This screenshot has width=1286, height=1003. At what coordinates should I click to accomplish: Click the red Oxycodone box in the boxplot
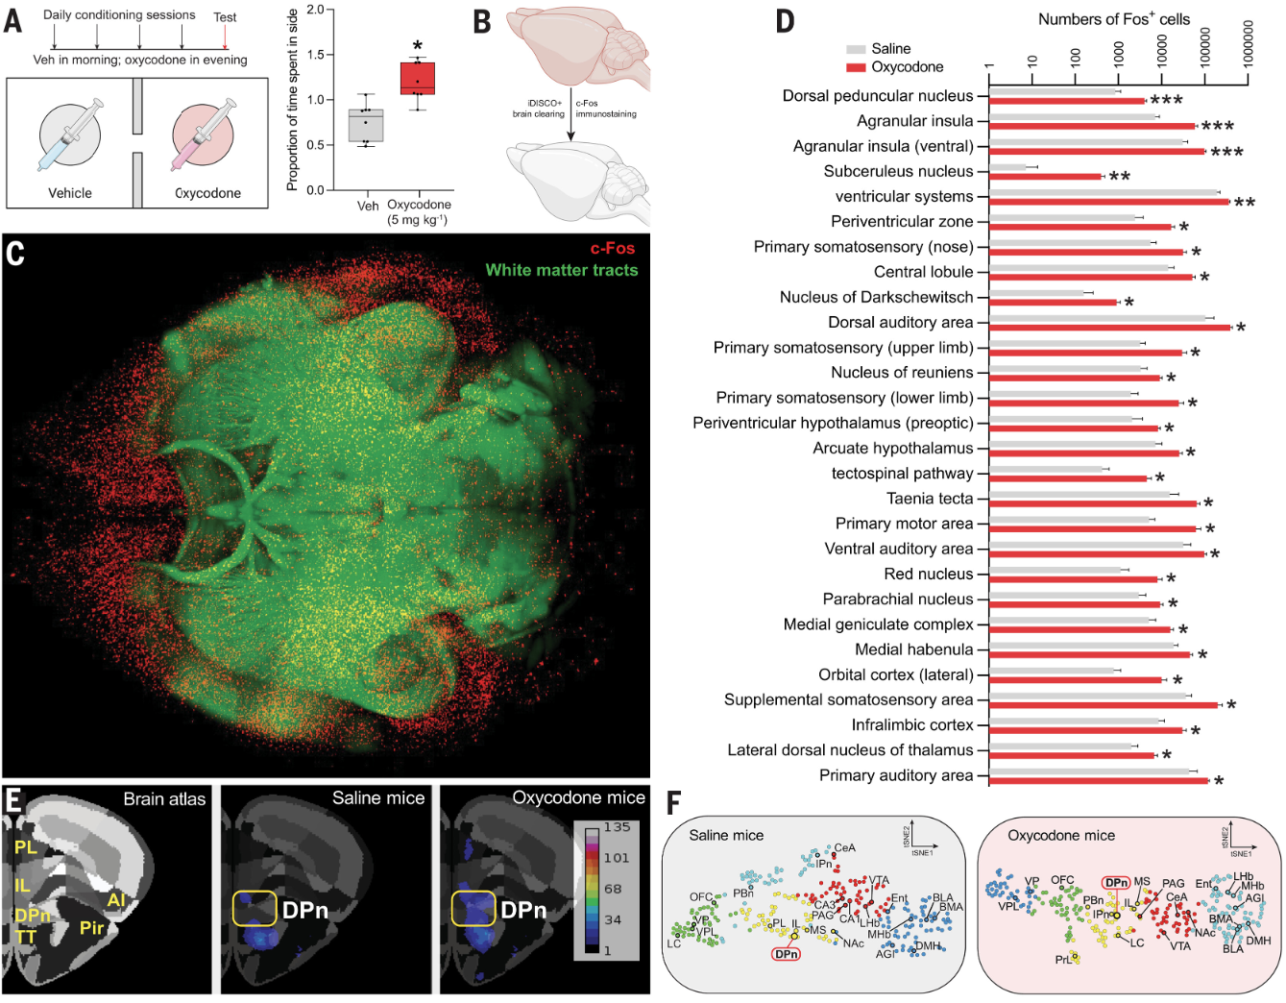[418, 78]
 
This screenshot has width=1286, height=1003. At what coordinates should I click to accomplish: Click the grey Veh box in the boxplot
[366, 126]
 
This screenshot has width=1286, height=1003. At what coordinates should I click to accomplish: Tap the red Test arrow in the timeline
[225, 37]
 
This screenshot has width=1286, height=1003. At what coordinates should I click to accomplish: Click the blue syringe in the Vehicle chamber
[70, 135]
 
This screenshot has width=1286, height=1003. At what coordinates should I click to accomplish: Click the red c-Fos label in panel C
[612, 248]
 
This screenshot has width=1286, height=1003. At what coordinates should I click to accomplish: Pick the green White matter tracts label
[561, 270]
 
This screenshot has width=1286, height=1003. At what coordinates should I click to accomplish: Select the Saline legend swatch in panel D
[856, 49]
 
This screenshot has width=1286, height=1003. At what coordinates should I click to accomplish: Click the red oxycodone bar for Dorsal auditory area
[1109, 328]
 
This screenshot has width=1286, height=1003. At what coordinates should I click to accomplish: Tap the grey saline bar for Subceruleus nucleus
[1007, 167]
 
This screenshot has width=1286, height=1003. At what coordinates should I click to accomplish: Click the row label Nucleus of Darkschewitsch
[876, 298]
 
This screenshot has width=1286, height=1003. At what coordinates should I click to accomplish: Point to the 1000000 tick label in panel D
[1249, 44]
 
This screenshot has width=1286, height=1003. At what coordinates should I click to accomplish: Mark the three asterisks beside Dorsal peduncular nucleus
[1166, 101]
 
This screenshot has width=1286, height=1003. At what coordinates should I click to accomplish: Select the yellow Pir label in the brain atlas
[91, 927]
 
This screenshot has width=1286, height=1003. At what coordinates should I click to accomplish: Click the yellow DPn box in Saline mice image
[253, 908]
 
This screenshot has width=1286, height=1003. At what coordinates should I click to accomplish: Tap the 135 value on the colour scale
[617, 827]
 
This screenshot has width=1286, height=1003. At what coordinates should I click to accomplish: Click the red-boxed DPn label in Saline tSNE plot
[786, 954]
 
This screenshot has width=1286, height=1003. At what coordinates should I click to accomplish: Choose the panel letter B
[482, 21]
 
